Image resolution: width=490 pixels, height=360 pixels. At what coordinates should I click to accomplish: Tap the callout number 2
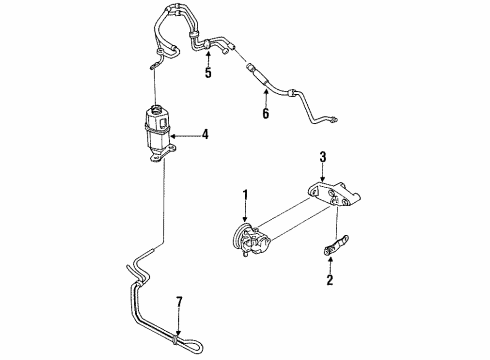330,279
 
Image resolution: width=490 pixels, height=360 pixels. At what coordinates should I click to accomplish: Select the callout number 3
323,157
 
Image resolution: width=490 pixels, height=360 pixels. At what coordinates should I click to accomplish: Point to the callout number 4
205,134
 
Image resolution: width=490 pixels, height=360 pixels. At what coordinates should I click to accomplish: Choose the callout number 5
208,73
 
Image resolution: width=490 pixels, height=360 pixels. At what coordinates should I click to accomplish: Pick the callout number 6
266,114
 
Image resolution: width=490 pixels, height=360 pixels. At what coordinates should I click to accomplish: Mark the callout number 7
179,302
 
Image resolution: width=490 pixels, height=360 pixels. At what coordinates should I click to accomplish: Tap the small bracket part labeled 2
336,246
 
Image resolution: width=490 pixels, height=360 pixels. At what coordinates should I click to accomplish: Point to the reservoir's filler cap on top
156,109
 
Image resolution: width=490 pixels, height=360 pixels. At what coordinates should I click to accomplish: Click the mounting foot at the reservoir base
163,155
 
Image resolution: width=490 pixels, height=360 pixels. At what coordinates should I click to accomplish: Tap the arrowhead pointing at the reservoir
172,136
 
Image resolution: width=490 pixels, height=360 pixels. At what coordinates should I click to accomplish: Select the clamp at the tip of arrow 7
176,340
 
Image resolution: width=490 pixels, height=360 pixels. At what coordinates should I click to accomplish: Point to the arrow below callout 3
323,173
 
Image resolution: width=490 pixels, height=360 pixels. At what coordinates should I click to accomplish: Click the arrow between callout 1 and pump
246,212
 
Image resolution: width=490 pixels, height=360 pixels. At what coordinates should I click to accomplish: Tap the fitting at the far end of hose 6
334,118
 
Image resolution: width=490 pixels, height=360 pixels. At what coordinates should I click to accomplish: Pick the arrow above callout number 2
330,265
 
